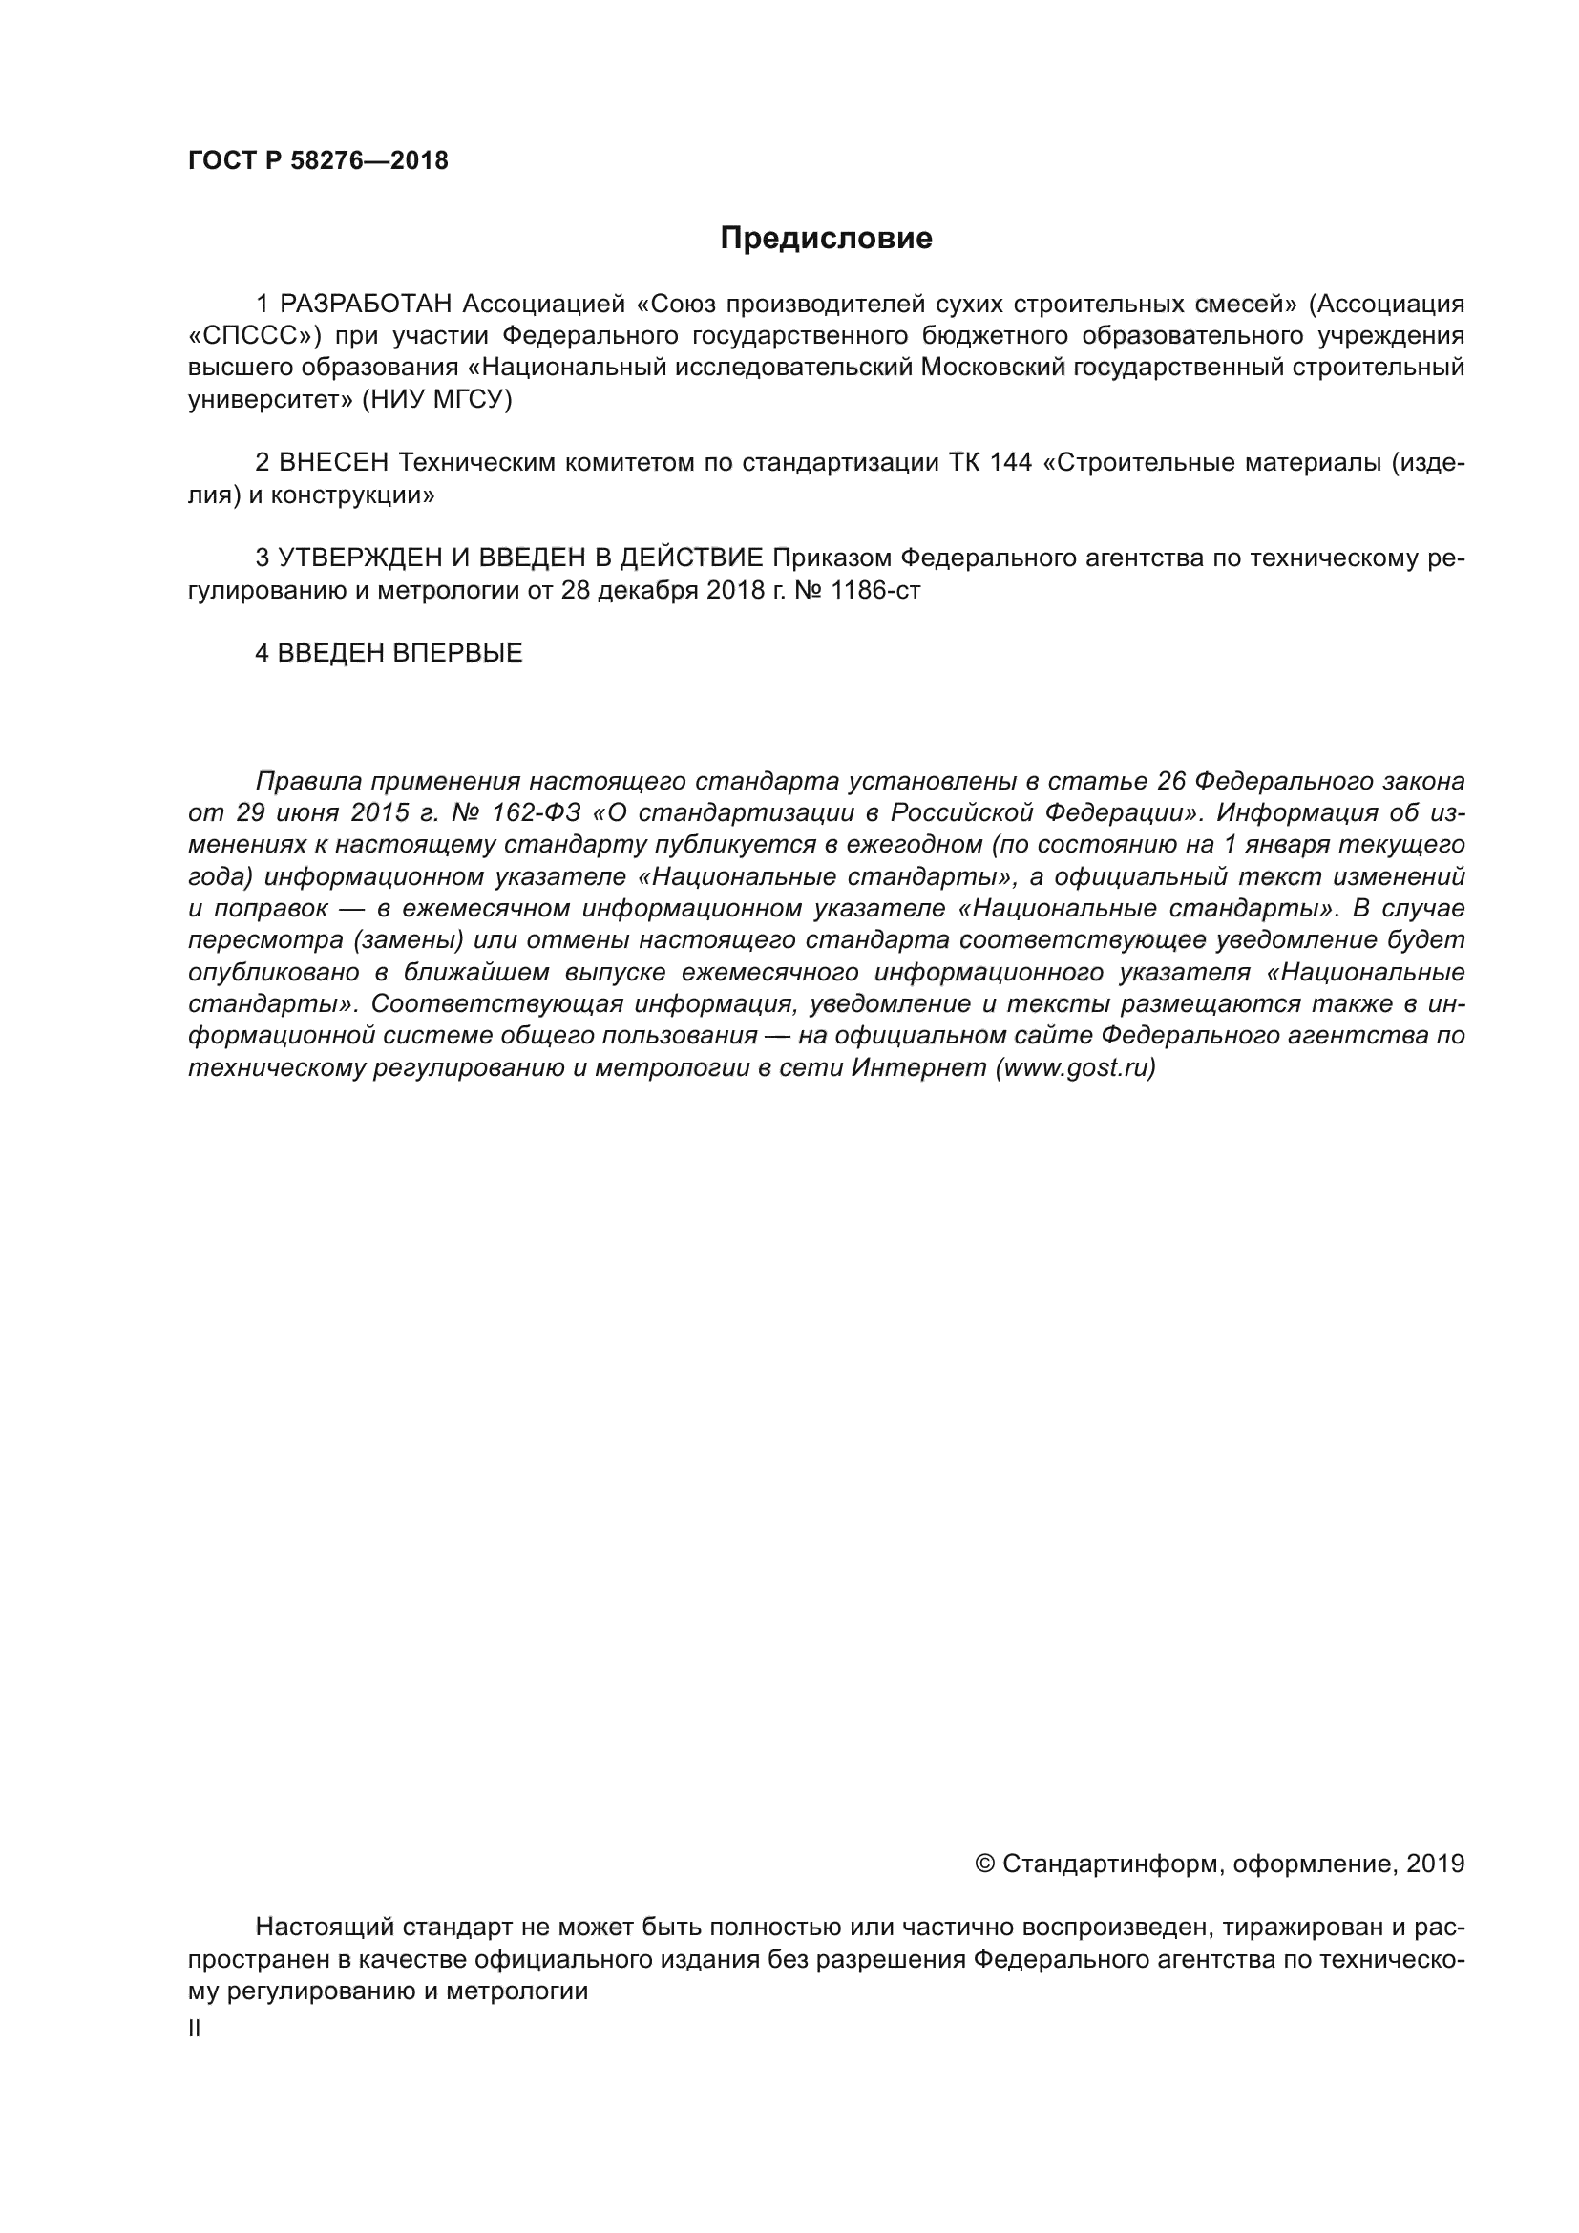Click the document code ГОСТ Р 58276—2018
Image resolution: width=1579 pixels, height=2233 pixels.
point(318,161)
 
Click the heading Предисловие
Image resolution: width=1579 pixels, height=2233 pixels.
point(826,239)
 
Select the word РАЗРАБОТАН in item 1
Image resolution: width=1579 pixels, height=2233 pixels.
point(367,305)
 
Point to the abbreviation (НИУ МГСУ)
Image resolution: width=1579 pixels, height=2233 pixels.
point(436,400)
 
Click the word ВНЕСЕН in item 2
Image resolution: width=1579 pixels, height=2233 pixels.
point(333,463)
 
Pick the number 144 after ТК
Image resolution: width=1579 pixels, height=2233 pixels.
point(1011,463)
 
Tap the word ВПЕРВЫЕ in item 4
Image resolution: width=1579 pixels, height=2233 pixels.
point(458,654)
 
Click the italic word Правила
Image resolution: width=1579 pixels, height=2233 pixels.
point(308,781)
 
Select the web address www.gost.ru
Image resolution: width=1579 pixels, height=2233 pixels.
point(1074,1068)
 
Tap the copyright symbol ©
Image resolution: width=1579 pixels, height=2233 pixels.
point(984,1864)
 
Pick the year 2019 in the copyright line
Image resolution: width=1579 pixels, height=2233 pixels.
point(1435,1864)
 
